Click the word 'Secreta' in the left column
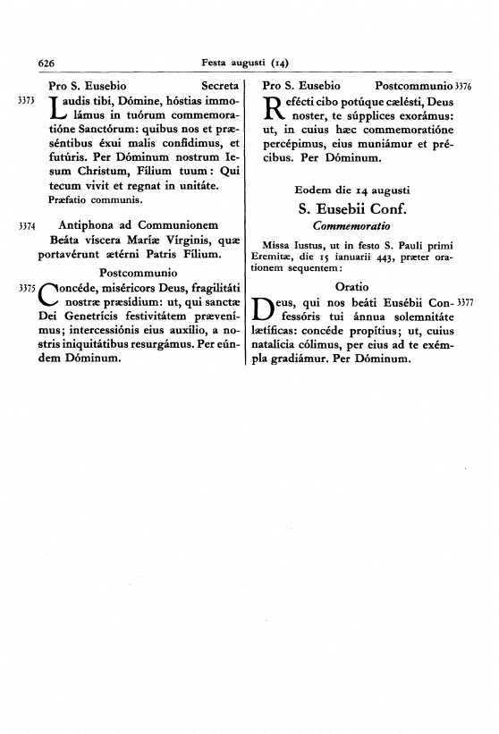pos(221,86)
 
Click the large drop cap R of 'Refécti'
pos(275,109)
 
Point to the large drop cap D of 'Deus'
pos(275,309)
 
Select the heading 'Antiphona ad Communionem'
pos(138,226)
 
